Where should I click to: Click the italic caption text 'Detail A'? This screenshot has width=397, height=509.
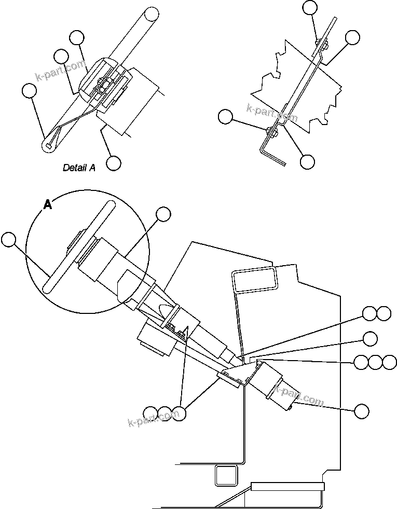click(79, 168)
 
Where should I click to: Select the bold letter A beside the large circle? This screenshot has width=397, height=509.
click(47, 205)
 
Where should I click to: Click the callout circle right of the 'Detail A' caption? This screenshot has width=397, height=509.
click(114, 163)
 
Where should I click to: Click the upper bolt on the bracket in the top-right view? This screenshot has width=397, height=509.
click(320, 45)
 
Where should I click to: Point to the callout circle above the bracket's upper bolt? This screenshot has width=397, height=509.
click(310, 7)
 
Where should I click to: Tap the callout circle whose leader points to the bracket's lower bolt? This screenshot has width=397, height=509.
click(225, 117)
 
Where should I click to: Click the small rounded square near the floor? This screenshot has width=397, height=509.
click(226, 474)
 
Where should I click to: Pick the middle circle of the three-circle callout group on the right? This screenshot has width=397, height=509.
click(375, 362)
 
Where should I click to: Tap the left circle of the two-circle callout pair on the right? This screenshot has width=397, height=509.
click(369, 313)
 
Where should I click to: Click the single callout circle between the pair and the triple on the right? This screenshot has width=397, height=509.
click(370, 338)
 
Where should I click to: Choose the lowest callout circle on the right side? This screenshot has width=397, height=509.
click(362, 411)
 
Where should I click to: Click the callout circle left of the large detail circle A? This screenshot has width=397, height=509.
click(8, 239)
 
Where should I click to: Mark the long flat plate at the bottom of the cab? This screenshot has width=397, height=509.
click(287, 487)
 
